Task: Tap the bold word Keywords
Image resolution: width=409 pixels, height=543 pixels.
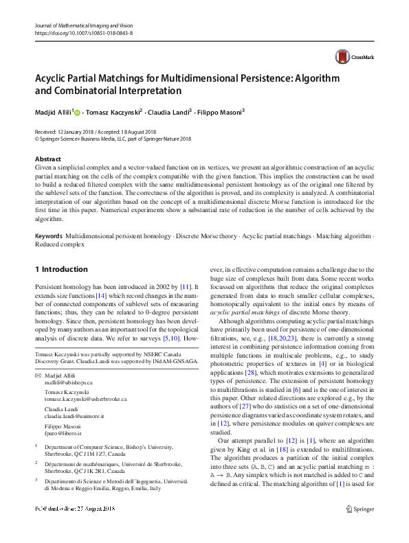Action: pyautogui.click(x=48, y=235)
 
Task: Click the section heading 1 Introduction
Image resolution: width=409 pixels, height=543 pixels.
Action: pyautogui.click(x=61, y=269)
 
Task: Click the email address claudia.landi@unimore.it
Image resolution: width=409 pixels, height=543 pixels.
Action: pyautogui.click(x=74, y=416)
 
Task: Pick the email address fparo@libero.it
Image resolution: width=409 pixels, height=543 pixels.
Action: pyautogui.click(x=63, y=433)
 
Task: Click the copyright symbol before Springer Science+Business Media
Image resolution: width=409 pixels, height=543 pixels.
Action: pyautogui.click(x=36, y=137)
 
